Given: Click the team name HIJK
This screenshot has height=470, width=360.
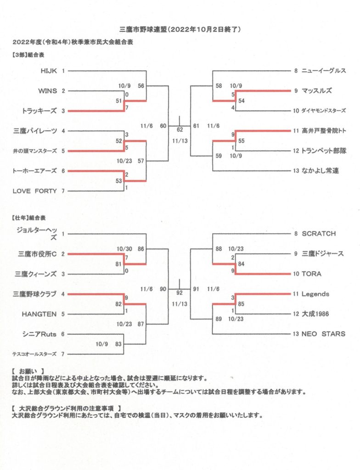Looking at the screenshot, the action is (49, 71).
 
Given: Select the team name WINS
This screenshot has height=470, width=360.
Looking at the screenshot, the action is (47, 91).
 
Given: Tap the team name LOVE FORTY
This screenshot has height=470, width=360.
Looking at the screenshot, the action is (34, 191).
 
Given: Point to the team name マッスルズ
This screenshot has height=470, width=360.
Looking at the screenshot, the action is (316, 91).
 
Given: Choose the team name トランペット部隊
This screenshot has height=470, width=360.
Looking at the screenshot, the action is (324, 151).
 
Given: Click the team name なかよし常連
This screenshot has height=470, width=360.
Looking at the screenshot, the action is (320, 171).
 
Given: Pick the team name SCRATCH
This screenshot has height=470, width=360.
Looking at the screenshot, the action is (319, 234).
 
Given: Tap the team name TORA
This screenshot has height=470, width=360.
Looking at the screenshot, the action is (311, 274).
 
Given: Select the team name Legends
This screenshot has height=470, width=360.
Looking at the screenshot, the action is (315, 294).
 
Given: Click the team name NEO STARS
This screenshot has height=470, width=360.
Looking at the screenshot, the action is (323, 334).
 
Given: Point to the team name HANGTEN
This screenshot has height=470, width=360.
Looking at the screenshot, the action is (39, 314).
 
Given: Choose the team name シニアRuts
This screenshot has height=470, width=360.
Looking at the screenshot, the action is (39, 334).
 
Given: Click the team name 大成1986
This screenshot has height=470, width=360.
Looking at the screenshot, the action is (315, 314).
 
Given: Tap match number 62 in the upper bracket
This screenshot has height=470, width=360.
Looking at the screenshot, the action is (180, 130).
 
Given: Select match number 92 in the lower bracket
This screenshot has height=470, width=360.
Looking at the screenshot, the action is (180, 293).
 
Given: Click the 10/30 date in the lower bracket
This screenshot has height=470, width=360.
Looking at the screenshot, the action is (124, 249).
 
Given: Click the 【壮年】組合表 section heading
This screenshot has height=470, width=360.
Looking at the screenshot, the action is (29, 218).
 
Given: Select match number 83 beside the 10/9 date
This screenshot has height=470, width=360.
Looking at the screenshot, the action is (118, 344).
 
